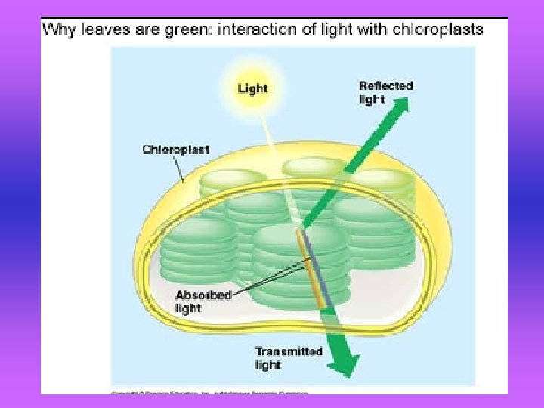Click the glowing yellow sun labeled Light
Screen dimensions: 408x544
[252, 88]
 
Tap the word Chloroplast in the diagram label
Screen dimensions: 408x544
[176, 150]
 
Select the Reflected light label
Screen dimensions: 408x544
[385, 92]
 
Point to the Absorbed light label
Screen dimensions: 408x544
[202, 301]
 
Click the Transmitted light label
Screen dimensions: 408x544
[289, 358]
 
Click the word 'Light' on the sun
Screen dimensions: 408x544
[252, 88]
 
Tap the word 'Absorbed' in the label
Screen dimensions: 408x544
[203, 295]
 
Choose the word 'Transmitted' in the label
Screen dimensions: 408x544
[289, 351]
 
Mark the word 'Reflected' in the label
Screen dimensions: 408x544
[385, 86]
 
